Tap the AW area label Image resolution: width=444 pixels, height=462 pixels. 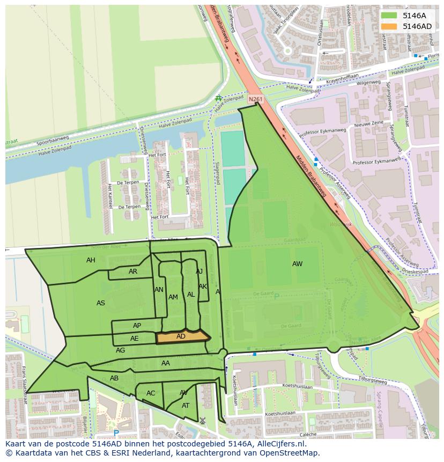(297, 263)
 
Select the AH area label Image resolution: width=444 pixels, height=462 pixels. (91, 260)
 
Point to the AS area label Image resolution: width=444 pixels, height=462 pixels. (101, 303)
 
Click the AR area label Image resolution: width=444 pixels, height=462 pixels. (133, 272)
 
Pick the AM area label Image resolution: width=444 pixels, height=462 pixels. (173, 297)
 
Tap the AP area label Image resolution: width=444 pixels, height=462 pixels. (137, 326)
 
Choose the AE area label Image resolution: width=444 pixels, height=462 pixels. (134, 339)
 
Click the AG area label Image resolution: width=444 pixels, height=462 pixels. (120, 350)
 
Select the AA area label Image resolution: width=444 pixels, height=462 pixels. (166, 363)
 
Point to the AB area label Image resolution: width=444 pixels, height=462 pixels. (114, 378)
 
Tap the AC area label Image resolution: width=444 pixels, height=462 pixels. (151, 393)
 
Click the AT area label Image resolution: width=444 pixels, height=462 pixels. (186, 406)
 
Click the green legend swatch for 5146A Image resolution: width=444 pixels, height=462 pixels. (389, 16)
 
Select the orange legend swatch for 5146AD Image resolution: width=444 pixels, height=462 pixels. (389, 26)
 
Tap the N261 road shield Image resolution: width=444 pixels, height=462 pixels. (256, 99)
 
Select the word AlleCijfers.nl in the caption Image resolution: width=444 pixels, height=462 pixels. (279, 444)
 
